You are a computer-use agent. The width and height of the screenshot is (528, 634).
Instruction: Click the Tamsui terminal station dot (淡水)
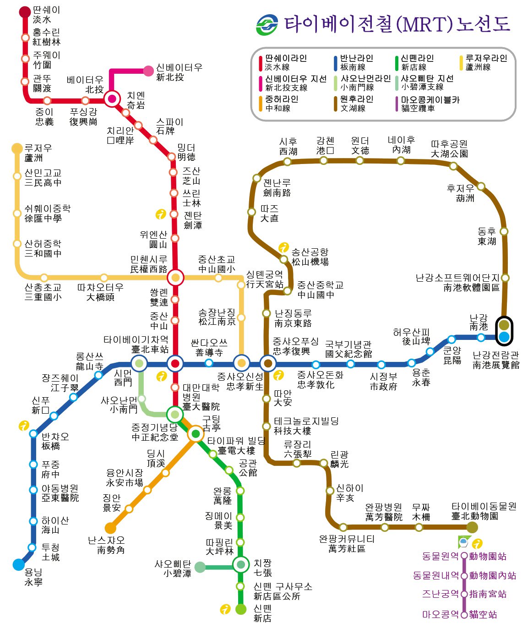click(x=25, y=11)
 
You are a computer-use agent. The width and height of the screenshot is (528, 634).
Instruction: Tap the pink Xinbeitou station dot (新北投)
click(x=148, y=71)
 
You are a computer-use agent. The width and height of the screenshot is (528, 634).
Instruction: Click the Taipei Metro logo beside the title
click(x=267, y=25)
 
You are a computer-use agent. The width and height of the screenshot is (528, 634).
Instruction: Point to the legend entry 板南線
click(x=353, y=67)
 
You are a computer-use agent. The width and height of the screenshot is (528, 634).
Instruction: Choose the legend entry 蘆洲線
click(x=478, y=67)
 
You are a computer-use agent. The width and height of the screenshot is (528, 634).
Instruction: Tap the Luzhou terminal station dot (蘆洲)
click(x=17, y=148)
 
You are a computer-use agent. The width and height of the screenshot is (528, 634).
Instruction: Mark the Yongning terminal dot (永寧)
click(x=19, y=564)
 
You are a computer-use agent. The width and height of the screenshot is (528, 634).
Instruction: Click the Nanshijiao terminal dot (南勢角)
click(x=110, y=528)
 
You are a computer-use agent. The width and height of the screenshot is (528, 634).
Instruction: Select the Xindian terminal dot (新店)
click(x=241, y=609)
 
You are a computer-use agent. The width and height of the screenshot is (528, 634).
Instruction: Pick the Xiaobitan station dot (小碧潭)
click(x=200, y=567)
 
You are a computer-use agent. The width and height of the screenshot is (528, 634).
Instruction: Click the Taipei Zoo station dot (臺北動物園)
click(x=472, y=527)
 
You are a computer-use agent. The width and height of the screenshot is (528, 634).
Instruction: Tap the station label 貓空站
click(x=483, y=615)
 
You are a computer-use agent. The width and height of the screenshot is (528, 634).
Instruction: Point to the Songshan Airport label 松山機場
click(x=310, y=262)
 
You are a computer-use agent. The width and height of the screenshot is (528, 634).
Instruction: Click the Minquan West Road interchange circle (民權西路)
click(x=175, y=278)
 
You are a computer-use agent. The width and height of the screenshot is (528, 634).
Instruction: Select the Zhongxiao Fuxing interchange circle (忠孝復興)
click(x=268, y=363)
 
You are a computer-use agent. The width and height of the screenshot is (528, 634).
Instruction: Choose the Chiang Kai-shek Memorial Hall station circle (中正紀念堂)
click(x=174, y=415)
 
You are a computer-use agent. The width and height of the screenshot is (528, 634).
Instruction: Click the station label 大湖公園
click(x=449, y=154)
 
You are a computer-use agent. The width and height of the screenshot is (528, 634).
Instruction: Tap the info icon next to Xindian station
click(x=225, y=609)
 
